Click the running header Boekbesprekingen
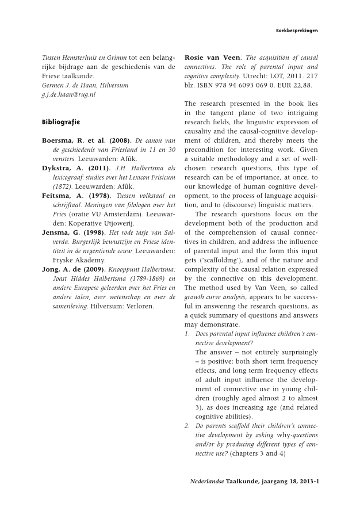tap(297, 30)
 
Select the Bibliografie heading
tap(60, 122)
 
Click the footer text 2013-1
tap(306, 480)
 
